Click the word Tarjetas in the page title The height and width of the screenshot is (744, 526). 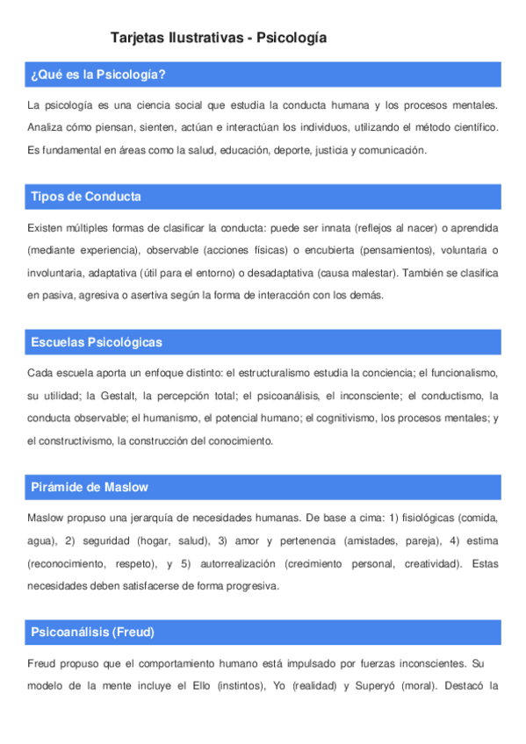138,38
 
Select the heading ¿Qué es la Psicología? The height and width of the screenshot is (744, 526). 98,75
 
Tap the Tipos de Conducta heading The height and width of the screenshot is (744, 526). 85,197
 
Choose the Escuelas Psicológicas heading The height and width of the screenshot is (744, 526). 96,342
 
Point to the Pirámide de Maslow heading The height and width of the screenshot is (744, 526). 89,487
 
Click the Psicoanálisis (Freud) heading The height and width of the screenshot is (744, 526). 93,632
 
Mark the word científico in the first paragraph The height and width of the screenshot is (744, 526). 474,128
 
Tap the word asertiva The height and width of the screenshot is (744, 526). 125,295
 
